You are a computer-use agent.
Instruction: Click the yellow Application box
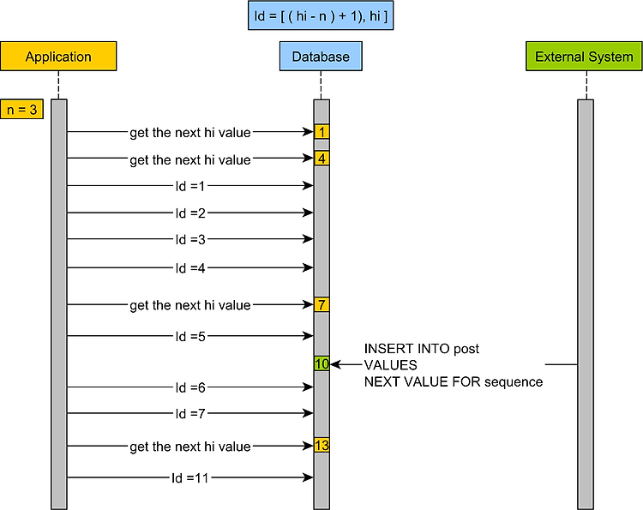[58, 57]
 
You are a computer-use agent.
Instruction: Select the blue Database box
[321, 57]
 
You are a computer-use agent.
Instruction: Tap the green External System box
[584, 57]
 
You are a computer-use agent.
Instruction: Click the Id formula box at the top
[321, 15]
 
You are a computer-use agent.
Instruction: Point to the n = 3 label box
[21, 110]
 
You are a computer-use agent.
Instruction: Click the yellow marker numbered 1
[321, 132]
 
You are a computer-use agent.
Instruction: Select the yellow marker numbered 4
[321, 159]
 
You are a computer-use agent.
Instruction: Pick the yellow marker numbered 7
[321, 304]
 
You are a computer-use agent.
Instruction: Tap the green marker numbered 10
[321, 363]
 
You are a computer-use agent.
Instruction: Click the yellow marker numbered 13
[321, 445]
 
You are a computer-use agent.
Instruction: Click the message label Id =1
[190, 186]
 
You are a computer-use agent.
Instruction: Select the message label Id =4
[190, 268]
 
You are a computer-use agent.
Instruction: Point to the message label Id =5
[190, 337]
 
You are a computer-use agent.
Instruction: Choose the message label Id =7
[190, 414]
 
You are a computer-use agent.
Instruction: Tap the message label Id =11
[190, 478]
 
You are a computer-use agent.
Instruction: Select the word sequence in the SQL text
[514, 382]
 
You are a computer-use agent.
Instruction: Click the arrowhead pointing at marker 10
[335, 364]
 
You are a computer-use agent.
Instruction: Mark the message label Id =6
[190, 387]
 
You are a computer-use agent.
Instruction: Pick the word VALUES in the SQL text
[390, 365]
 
